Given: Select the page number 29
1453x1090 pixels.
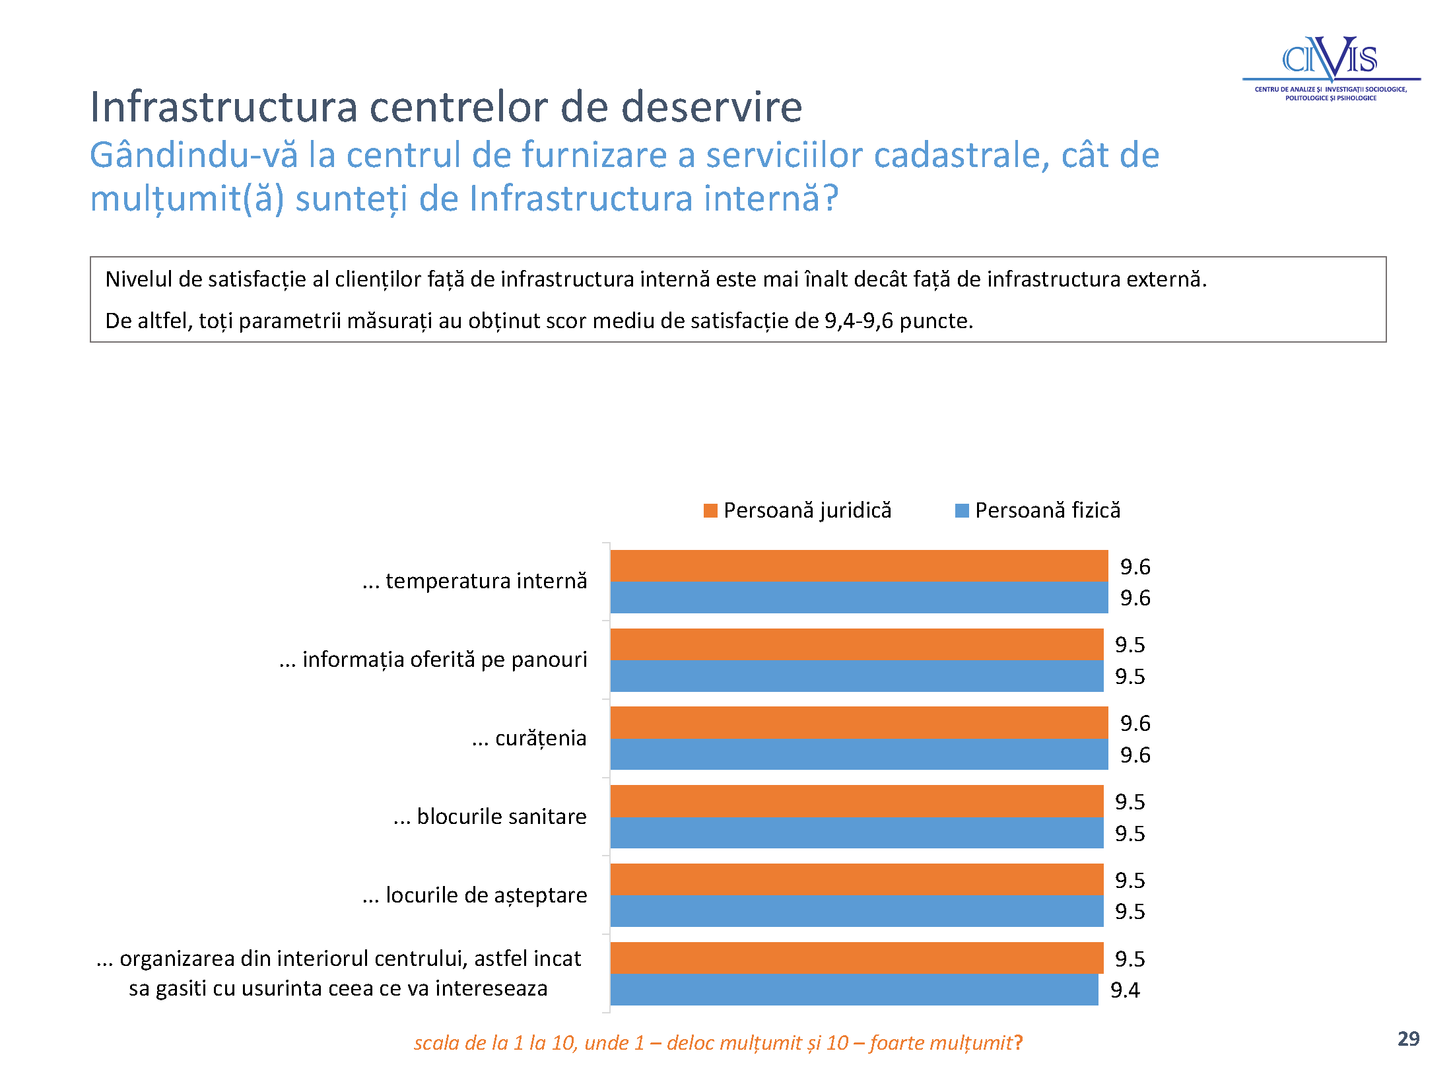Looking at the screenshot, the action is [x=1408, y=1039].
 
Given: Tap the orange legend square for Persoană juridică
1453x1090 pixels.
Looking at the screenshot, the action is [x=710, y=510].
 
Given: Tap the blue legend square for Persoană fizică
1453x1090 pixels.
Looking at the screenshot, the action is [x=962, y=510].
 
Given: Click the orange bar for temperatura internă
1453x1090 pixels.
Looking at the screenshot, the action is [x=859, y=566].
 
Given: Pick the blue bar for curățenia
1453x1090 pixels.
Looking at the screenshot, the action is [x=859, y=754].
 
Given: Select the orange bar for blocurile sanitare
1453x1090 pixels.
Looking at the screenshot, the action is [x=857, y=801].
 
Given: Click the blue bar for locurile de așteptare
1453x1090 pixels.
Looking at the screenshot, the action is [x=857, y=911].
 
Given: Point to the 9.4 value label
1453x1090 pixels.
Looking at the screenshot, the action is [x=1125, y=990].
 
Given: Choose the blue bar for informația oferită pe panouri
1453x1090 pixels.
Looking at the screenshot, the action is [x=857, y=676].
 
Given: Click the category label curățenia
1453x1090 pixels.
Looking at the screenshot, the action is [x=529, y=738].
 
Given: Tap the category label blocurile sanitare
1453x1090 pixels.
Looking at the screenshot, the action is [x=490, y=817].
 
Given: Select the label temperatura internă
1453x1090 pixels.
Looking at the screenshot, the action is [x=475, y=581].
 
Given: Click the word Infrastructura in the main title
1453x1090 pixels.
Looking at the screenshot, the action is [x=224, y=106].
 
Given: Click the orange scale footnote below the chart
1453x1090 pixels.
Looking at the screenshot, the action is [x=718, y=1042].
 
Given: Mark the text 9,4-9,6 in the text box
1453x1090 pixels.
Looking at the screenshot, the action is [x=858, y=321].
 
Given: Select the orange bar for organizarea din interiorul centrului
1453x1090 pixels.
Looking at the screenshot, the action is [x=857, y=958].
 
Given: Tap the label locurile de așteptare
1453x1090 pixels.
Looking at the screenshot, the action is [x=475, y=895].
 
